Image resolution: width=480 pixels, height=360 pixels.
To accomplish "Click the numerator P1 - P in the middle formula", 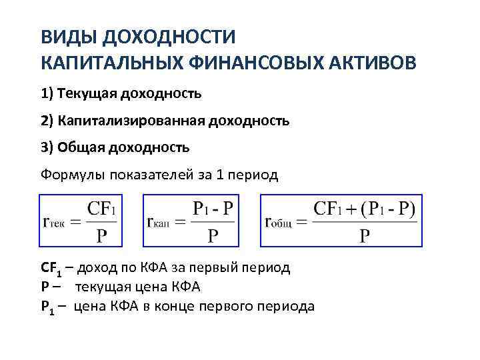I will point(213,209).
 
